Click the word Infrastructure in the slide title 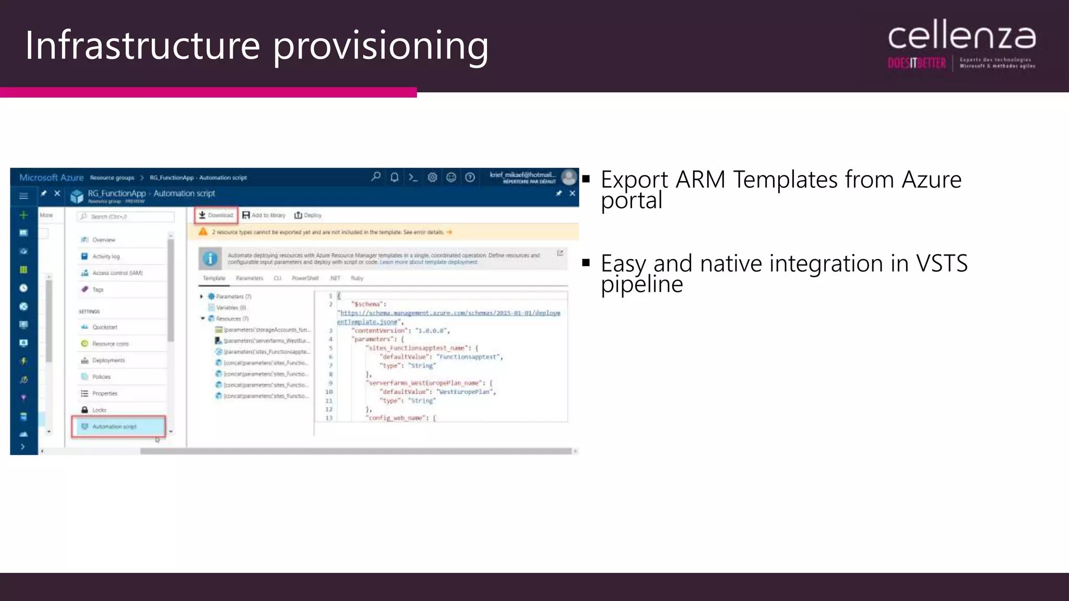click(142, 45)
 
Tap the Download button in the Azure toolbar click(216, 215)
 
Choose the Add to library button click(264, 215)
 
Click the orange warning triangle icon click(203, 232)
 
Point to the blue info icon click(210, 258)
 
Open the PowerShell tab click(305, 278)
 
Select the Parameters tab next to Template click(250, 278)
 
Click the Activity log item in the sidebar click(105, 256)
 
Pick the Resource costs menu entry click(110, 344)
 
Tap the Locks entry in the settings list click(99, 410)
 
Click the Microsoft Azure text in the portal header click(51, 177)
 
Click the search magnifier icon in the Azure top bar click(376, 177)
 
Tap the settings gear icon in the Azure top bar click(432, 177)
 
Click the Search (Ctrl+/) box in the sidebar click(125, 217)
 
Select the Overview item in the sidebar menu click(103, 240)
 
